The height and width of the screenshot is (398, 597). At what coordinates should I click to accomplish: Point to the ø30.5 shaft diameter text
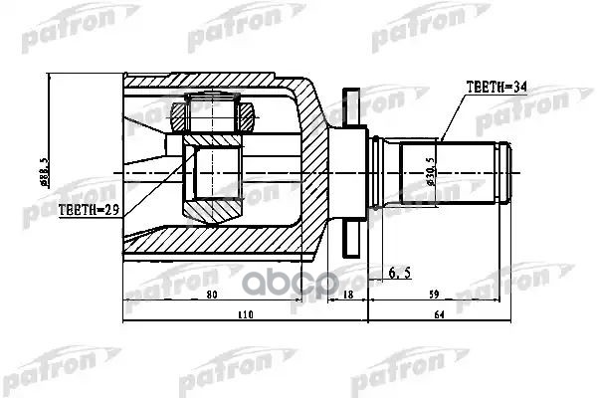tap(429, 170)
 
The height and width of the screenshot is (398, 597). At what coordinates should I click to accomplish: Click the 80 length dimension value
tap(211, 295)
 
